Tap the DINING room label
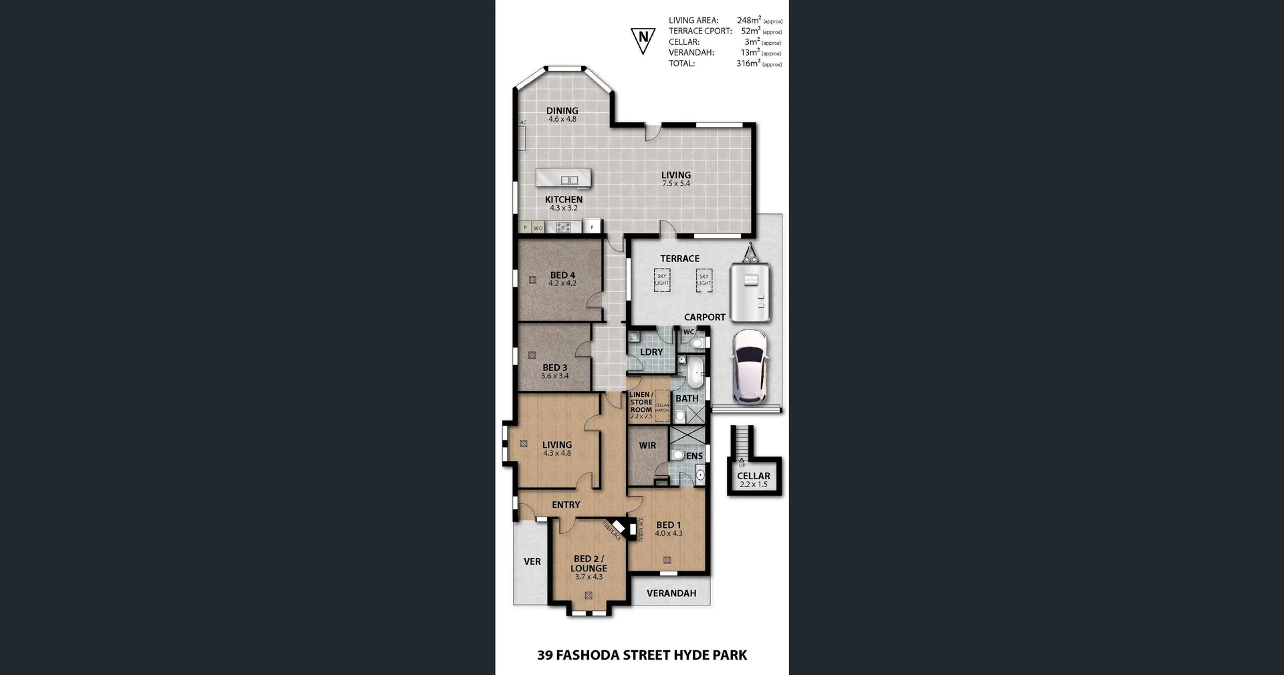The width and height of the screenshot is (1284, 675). (x=562, y=111)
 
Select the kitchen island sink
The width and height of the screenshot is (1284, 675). (x=569, y=180)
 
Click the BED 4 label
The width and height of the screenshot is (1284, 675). (x=562, y=275)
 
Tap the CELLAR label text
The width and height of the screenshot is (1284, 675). (x=754, y=476)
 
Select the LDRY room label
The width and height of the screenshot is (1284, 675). (x=651, y=352)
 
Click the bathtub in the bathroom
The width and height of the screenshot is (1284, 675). (x=696, y=372)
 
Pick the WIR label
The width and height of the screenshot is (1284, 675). (x=647, y=445)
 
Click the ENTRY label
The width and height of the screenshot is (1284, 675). (x=566, y=505)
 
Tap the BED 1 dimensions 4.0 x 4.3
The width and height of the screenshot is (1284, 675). (x=669, y=533)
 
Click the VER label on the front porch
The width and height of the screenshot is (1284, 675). (x=532, y=561)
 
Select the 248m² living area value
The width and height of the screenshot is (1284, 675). (x=749, y=20)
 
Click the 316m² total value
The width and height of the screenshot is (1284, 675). (x=748, y=63)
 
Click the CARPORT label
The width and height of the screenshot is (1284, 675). (x=704, y=317)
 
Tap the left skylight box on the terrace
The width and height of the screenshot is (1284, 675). (x=661, y=279)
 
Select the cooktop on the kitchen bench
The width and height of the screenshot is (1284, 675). (x=564, y=227)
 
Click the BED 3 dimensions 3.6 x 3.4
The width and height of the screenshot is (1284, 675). (x=554, y=376)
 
